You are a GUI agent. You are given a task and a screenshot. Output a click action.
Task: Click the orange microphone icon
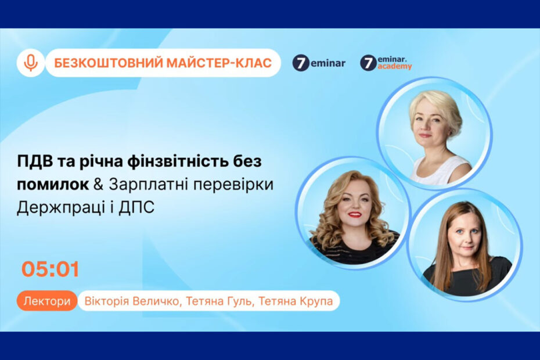(x=31, y=63)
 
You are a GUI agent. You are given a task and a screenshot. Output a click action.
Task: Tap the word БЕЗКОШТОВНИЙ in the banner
(x=109, y=63)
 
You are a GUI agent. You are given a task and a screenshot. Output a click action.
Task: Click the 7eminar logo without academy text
(x=319, y=63)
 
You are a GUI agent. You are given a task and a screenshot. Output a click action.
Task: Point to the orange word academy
(x=395, y=67)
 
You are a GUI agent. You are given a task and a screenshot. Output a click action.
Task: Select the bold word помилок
(x=53, y=185)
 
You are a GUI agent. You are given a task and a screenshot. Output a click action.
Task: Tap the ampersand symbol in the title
(x=99, y=184)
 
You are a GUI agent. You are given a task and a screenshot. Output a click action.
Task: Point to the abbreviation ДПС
(x=136, y=208)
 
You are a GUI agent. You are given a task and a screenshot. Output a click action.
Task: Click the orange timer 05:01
(x=51, y=269)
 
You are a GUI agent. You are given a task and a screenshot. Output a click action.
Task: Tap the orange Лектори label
(x=47, y=301)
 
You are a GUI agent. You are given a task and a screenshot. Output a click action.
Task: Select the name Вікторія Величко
(x=132, y=301)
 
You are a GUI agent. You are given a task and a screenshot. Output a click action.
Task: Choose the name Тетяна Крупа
(x=296, y=301)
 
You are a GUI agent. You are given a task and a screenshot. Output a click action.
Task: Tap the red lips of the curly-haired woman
(x=355, y=215)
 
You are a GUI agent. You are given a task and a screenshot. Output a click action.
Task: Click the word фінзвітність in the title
(x=178, y=161)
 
